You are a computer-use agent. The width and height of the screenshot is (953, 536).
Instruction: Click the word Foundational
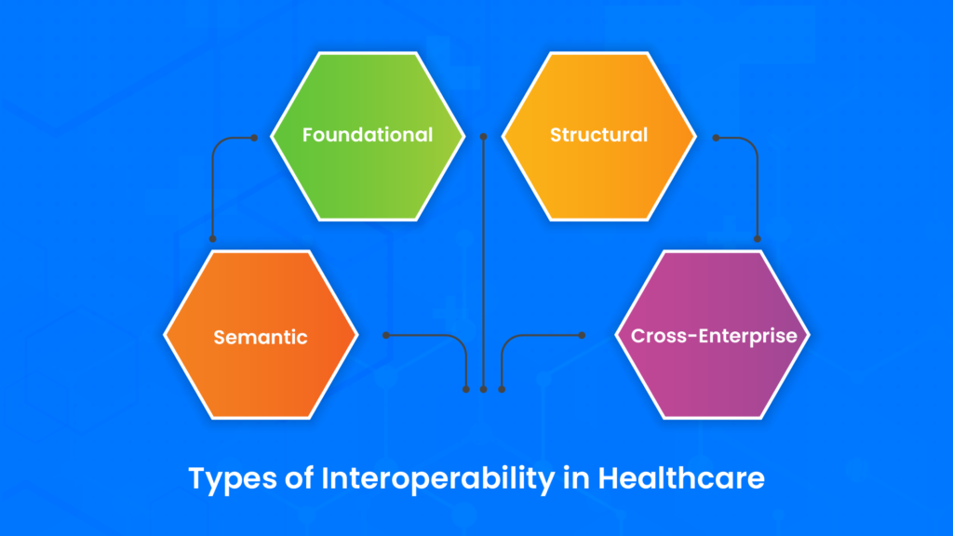pyautogui.click(x=368, y=135)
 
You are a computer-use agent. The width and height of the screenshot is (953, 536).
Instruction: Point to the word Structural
pyautogui.click(x=598, y=135)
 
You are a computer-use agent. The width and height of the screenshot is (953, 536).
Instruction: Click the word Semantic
pyautogui.click(x=261, y=337)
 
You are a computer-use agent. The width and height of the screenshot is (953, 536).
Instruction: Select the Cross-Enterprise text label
pyautogui.click(x=714, y=336)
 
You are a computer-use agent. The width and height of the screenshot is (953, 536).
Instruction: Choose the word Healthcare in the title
pyautogui.click(x=681, y=478)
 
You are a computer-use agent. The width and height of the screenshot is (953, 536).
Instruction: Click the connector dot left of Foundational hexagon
pyautogui.click(x=254, y=138)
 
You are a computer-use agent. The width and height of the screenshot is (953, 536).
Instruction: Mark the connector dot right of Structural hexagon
pyautogui.click(x=716, y=138)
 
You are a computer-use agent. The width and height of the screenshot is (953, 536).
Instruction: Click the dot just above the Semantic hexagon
pyautogui.click(x=213, y=239)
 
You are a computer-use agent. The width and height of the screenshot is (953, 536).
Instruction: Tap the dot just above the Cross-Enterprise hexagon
pyautogui.click(x=758, y=239)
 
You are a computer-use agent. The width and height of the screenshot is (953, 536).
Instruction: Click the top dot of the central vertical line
pyautogui.click(x=483, y=138)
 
